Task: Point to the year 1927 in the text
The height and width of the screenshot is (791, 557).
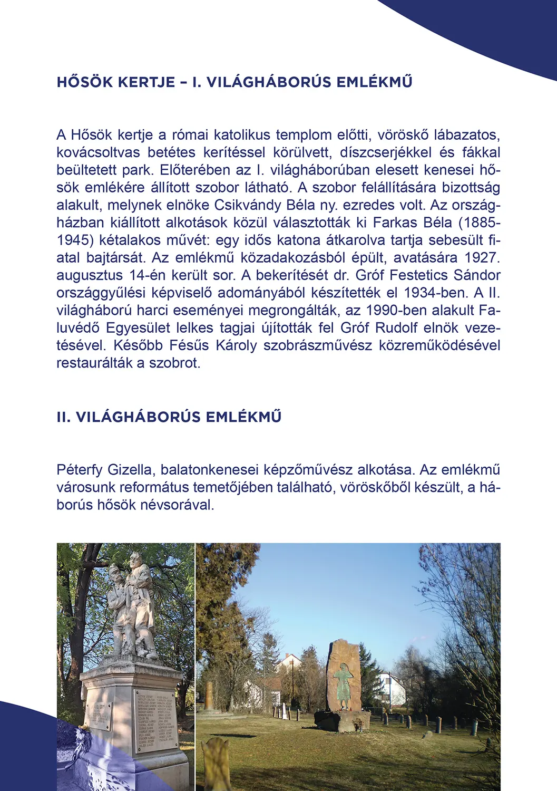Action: (x=481, y=258)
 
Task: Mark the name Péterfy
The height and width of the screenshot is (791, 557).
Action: (x=79, y=470)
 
